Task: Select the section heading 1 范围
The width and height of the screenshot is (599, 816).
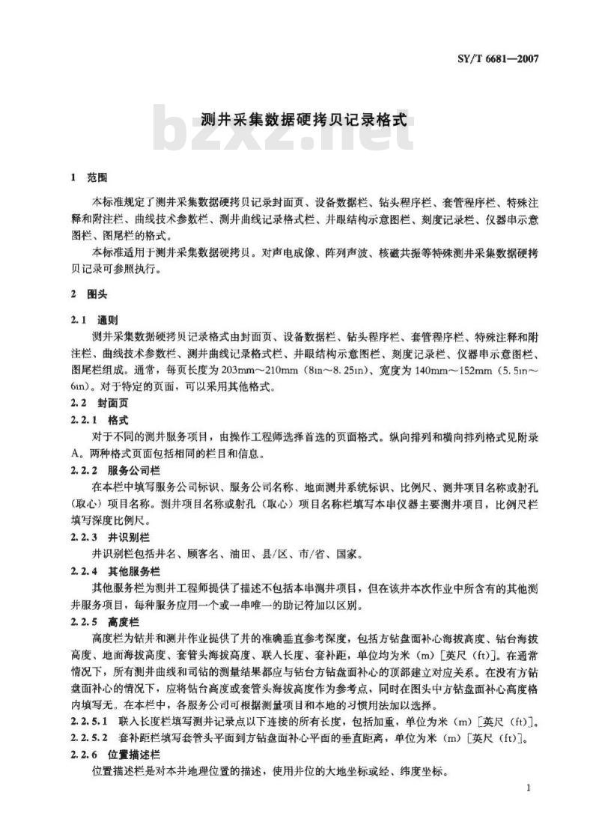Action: (89, 179)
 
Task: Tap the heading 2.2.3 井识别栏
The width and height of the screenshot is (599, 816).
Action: (110, 538)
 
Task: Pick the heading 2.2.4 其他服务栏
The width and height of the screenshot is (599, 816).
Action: (115, 570)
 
